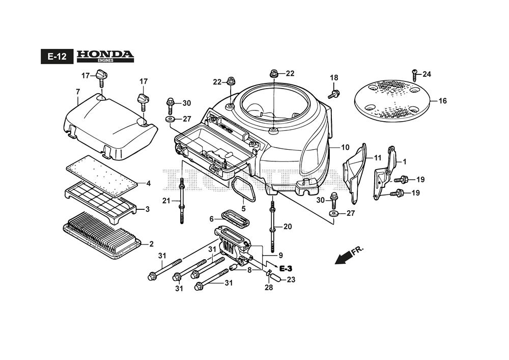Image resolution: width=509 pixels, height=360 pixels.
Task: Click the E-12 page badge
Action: click(57, 57)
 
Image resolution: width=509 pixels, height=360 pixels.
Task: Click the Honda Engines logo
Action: click(105, 56)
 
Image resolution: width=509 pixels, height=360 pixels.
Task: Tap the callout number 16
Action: click(442, 101)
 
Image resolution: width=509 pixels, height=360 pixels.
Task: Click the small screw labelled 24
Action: click(415, 75)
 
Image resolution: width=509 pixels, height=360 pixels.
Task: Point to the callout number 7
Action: click(77, 92)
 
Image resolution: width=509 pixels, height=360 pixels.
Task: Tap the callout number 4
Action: click(148, 183)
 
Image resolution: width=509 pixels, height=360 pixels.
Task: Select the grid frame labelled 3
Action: click(101, 203)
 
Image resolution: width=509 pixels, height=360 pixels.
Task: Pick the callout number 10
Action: click(345, 148)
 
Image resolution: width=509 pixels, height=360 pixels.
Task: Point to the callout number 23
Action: click(291, 279)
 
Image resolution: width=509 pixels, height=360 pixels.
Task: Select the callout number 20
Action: click(288, 227)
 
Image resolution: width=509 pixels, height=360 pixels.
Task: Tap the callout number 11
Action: click(378, 158)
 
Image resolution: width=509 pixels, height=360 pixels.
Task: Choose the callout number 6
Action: click(211, 219)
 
